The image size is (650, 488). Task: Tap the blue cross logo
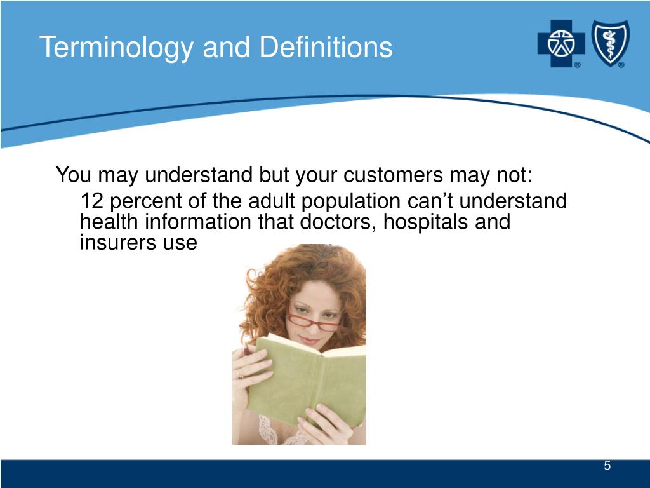[561, 44]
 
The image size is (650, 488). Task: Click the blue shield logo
[610, 43]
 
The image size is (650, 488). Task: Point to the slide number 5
[607, 466]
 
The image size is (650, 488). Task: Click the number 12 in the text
[91, 200]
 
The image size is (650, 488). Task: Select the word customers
[394, 174]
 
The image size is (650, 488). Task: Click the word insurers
[117, 243]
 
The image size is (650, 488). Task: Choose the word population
[350, 201]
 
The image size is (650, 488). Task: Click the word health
[109, 221]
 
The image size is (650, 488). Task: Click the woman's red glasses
[314, 322]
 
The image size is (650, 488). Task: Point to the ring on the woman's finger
[241, 376]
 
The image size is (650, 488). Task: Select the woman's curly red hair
[307, 274]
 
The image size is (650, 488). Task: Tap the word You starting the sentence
[73, 174]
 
